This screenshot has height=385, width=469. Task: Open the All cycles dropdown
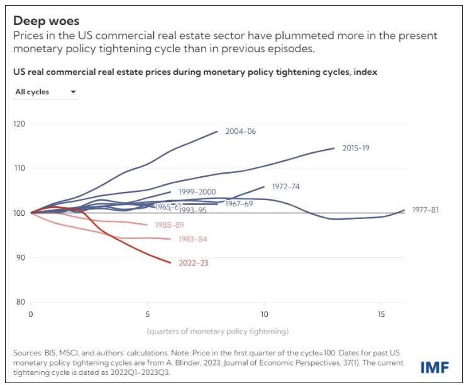coord(45,92)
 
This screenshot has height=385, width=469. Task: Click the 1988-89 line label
coord(170,225)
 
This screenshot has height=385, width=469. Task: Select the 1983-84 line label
coord(193,239)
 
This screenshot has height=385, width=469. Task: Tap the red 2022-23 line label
coord(193,263)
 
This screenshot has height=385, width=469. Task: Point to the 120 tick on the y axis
coord(19,124)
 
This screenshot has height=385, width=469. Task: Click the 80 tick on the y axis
coord(21,302)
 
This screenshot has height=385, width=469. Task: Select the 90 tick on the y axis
coord(21,257)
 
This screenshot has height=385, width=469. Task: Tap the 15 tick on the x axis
coord(381,314)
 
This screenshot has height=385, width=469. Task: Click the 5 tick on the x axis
coord(147,314)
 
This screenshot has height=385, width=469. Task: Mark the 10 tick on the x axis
coord(264,314)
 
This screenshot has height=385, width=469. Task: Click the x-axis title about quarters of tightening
coord(217,330)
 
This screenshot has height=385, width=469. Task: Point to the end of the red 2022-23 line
coord(170,262)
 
